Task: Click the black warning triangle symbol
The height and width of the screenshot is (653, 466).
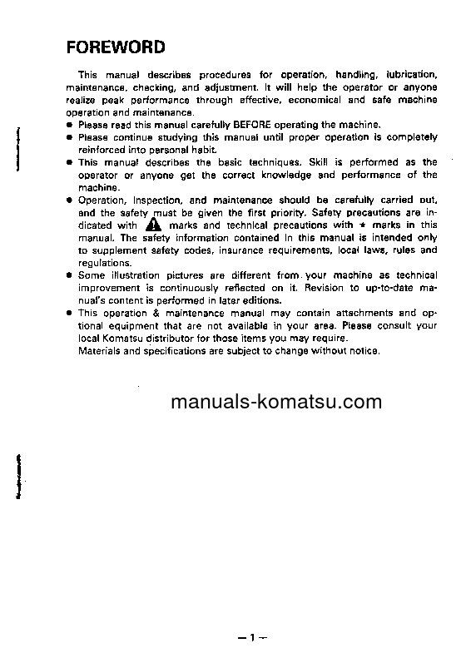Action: (153, 225)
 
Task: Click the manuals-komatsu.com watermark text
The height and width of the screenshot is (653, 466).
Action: (276, 403)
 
